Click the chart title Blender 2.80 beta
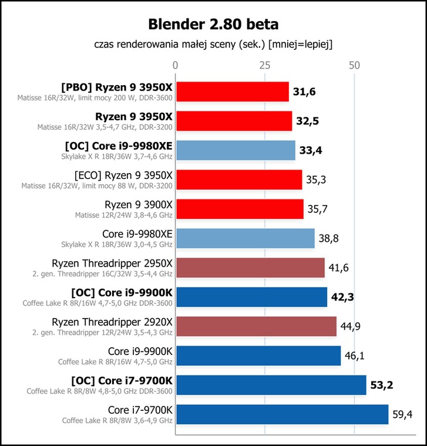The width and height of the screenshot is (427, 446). coord(213,24)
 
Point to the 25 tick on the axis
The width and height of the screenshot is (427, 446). coord(265,65)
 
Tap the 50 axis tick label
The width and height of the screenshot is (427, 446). coord(354,65)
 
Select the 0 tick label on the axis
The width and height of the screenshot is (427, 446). coord(176,65)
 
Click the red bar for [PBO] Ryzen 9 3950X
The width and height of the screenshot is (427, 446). coord(233,92)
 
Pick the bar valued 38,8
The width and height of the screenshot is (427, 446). coord(246,238)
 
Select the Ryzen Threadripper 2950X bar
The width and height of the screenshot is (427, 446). coord(251,268)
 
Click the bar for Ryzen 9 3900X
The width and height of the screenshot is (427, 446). coord(240,209)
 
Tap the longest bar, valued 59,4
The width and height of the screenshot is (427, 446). coord(283,414)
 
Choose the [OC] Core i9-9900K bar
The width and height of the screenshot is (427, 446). coord(251,297)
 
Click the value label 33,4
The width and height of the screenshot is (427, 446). coord(311,150)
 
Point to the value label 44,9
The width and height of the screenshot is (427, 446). coord(351,326)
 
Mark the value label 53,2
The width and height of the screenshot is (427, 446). coord(382,385)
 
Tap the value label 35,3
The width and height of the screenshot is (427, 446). coord(316,180)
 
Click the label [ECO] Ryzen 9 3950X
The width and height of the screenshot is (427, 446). coord(123,175)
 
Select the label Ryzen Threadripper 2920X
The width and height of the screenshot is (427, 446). coord(112,322)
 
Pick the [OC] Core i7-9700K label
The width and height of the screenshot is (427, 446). coord(122,381)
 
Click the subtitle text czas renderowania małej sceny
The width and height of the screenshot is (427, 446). coord(165,45)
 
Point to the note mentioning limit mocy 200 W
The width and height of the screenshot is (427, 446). coord(95,98)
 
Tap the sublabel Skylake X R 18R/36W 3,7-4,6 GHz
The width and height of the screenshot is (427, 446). coord(117,157)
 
